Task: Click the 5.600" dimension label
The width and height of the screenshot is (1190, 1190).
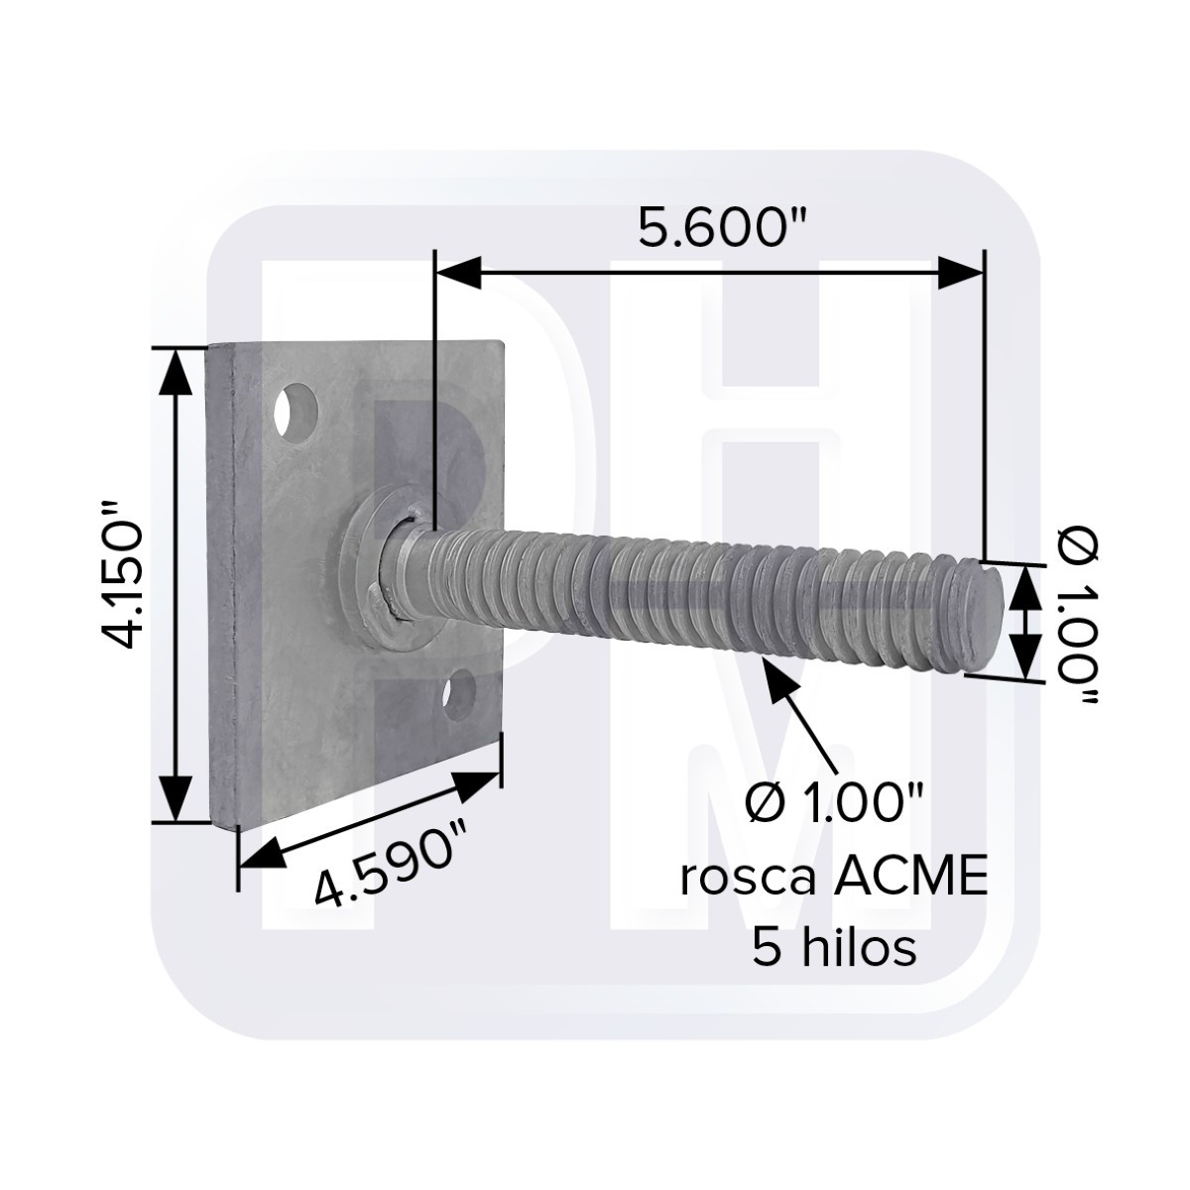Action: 723,228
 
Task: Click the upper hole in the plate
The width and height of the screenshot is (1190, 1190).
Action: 297,412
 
